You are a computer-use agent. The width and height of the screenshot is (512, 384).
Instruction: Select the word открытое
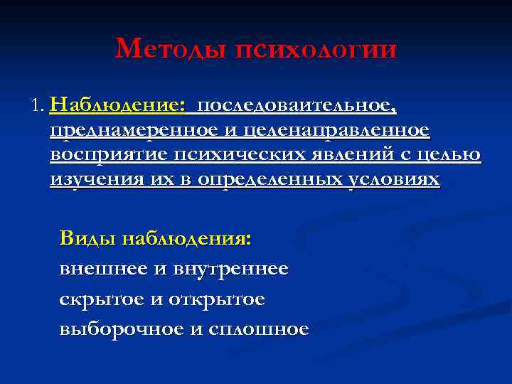(217, 300)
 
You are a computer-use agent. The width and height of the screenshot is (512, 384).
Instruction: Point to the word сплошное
(259, 330)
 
